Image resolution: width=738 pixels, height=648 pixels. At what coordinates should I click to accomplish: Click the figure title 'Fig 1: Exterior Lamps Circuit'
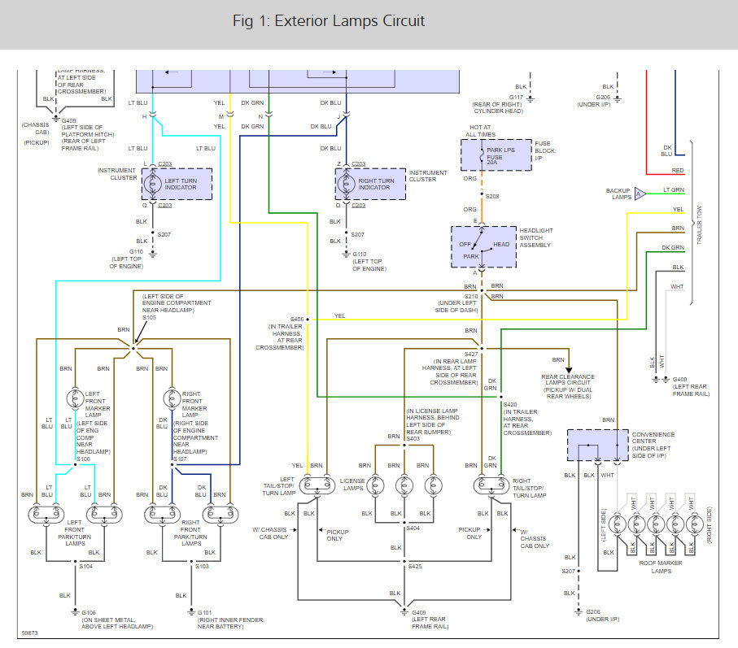[329, 21]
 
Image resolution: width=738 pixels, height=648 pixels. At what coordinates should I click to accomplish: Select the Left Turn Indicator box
[177, 185]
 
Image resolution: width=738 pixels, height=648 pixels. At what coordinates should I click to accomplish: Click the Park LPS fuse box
[495, 154]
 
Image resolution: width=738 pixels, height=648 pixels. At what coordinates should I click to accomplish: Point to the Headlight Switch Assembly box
[483, 246]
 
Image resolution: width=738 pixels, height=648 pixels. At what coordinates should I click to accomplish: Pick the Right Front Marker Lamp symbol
[172, 398]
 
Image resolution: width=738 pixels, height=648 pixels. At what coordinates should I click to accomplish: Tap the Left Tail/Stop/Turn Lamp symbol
[317, 485]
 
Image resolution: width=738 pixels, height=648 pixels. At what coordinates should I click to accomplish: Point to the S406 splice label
[296, 319]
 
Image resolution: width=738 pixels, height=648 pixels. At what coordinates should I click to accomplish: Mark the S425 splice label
[416, 566]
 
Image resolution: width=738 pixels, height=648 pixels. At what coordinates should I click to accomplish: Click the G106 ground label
[88, 612]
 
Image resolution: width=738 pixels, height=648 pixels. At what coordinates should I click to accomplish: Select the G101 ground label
[204, 612]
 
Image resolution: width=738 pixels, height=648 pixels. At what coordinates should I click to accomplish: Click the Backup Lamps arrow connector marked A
[640, 193]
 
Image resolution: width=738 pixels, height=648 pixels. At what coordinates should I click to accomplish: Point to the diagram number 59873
[29, 631]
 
